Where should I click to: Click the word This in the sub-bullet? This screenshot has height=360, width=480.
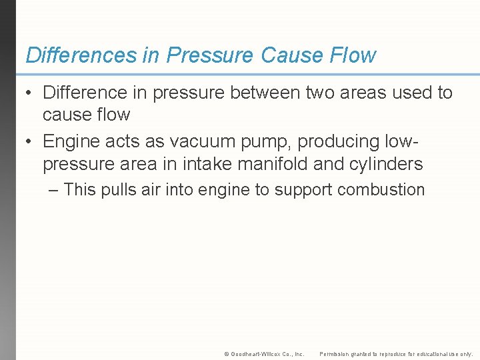[80, 190]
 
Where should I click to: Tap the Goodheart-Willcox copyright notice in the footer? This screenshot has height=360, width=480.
[265, 354]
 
